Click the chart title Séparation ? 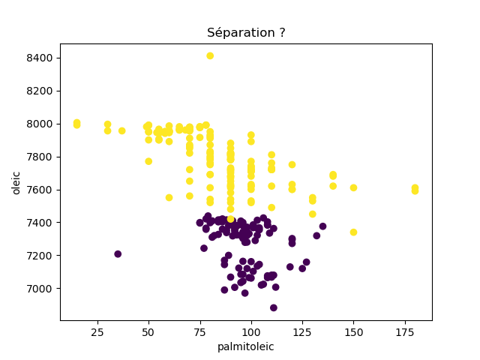coord(246,33)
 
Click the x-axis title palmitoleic coord(246,347)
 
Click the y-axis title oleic coord(16,182)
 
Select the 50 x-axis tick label coord(148,331)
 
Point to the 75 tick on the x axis coord(199,331)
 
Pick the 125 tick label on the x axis coord(302,331)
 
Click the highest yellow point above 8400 coord(210,56)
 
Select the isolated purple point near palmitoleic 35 coord(118,254)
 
